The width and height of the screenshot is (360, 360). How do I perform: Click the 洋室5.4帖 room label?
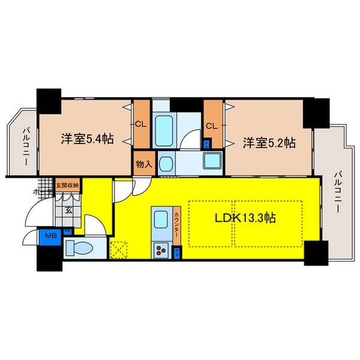[x=87, y=139]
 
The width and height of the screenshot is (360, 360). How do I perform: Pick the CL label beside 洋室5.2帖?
[x=211, y=126]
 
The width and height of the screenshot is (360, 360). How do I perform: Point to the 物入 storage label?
[x=142, y=163]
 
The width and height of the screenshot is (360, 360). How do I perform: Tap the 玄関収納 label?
[x=67, y=185]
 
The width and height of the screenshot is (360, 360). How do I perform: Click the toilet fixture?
[x=79, y=247]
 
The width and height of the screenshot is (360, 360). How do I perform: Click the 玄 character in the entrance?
[x=69, y=210]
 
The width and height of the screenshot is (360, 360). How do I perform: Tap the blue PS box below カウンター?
[x=176, y=253]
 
